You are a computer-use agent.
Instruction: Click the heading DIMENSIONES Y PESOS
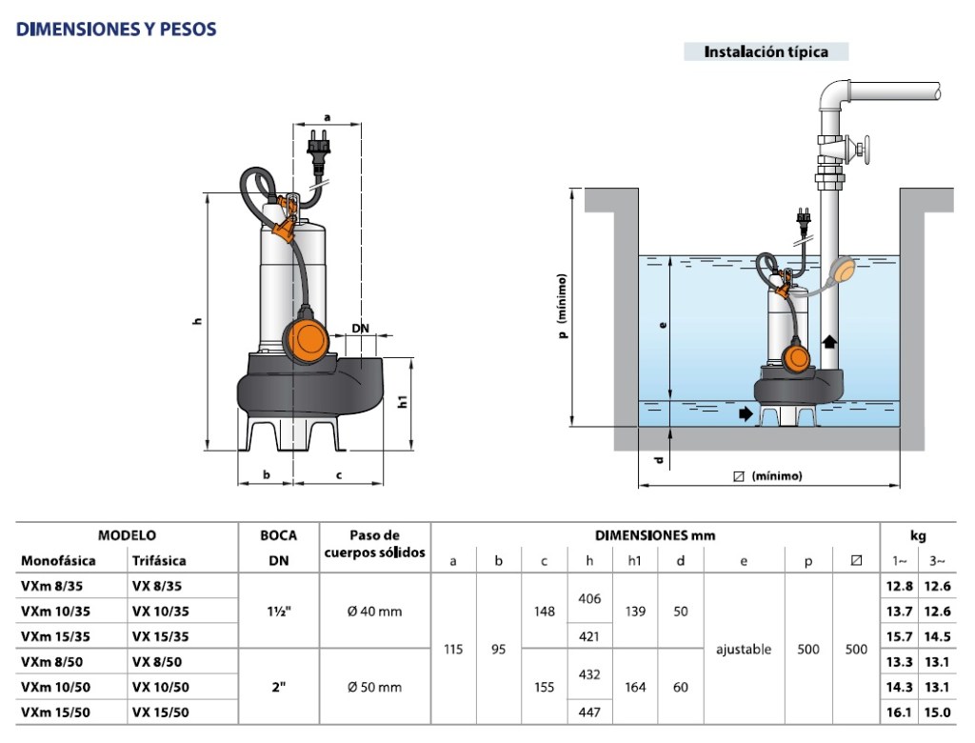click(116, 30)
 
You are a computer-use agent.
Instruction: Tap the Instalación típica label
click(766, 52)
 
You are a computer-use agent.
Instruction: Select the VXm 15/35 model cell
click(56, 636)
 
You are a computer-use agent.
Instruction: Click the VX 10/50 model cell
click(160, 687)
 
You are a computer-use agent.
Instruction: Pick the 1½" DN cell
click(278, 611)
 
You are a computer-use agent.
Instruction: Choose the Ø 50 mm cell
click(374, 687)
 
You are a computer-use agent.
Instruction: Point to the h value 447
click(589, 712)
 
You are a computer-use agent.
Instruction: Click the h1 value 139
click(635, 611)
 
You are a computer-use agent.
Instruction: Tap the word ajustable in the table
click(744, 650)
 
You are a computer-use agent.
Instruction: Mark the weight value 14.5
click(939, 636)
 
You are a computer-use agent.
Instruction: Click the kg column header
click(918, 535)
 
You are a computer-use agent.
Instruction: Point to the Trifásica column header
click(159, 560)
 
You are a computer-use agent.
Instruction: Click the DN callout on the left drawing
click(360, 328)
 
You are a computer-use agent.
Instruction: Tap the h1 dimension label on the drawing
click(403, 402)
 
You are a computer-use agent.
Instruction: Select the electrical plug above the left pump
click(318, 153)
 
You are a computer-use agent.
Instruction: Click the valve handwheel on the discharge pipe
click(866, 150)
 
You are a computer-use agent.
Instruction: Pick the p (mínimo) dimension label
click(564, 307)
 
